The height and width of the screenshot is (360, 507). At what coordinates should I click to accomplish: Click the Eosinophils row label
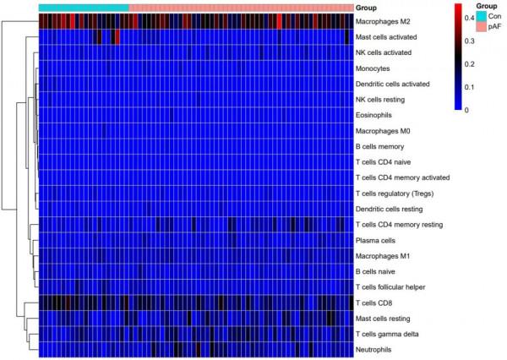pos(378,115)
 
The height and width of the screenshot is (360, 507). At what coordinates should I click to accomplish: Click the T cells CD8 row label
pos(377,303)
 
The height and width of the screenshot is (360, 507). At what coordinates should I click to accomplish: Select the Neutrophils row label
pos(377,349)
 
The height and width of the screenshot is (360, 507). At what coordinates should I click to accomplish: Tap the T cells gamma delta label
pos(388,334)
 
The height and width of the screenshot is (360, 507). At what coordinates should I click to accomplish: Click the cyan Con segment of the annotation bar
pos(84,7)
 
